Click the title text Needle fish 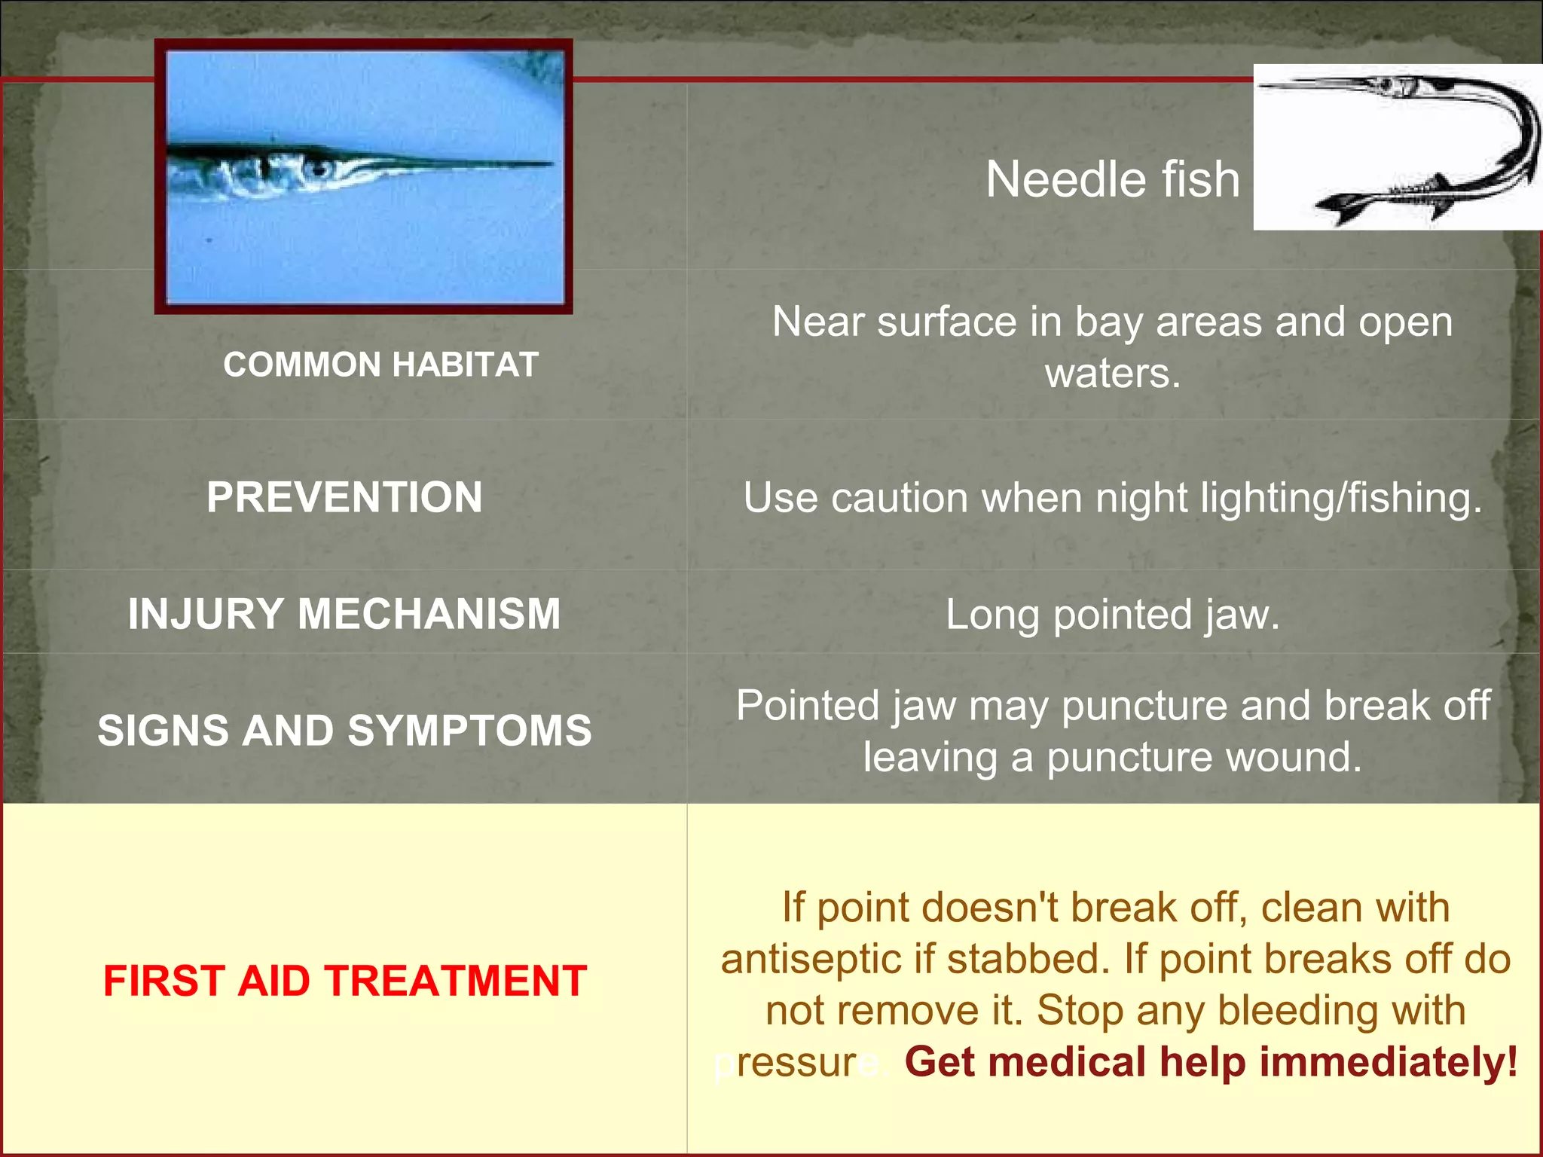[1112, 180]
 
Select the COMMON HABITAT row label [380, 365]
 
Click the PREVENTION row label [344, 497]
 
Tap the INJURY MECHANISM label [344, 614]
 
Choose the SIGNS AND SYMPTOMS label [344, 731]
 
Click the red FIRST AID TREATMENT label [344, 981]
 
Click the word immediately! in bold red [1388, 1062]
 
